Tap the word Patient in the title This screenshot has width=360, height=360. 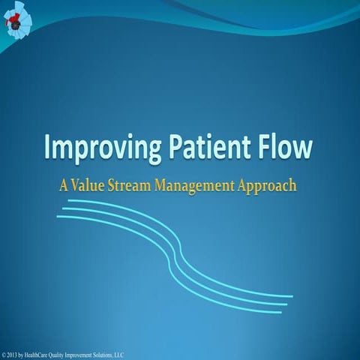coord(205,148)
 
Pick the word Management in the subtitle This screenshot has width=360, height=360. coord(200,185)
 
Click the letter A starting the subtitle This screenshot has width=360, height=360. coord(65,184)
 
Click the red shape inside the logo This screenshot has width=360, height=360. coord(13,23)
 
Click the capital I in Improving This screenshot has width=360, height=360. coord(49,146)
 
